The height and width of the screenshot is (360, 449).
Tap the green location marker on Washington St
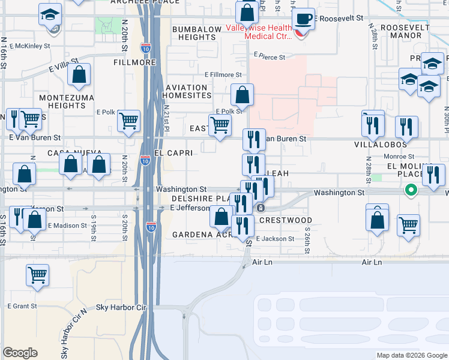411,191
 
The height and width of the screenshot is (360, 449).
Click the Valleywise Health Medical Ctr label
259,32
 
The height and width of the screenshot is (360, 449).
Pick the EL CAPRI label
173,153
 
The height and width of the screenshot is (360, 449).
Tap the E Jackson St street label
275,239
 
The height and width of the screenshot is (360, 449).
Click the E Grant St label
22,306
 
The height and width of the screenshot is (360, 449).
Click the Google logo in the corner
20,353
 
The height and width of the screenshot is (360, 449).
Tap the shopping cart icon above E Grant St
37,275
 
